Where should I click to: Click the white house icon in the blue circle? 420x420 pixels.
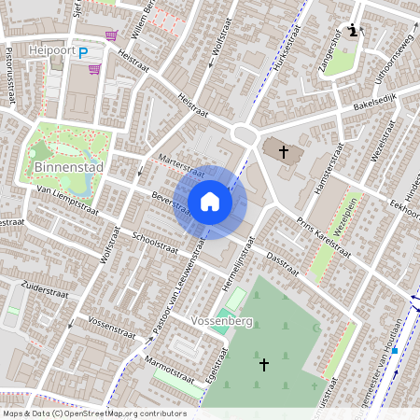click(x=210, y=202)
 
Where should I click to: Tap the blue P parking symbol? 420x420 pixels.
click(x=83, y=53)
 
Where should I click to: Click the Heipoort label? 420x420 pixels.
click(x=50, y=51)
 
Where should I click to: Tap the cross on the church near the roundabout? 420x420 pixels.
click(x=282, y=149)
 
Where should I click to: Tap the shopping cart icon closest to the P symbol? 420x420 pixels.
click(x=94, y=68)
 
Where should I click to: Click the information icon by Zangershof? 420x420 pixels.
click(x=352, y=31)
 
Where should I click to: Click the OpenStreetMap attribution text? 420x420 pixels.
click(x=94, y=413)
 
